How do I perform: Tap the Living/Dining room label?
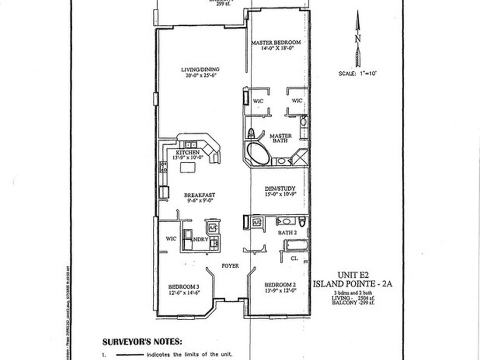[200, 70]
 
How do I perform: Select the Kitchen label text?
[188, 153]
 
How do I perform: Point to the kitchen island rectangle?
[187, 167]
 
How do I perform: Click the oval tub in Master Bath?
[258, 153]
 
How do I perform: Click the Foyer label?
[230, 266]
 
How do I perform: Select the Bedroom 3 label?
[184, 286]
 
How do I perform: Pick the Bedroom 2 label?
[280, 285]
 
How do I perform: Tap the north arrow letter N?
[358, 38]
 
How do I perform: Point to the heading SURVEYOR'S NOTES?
[142, 342]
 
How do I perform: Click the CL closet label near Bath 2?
[294, 258]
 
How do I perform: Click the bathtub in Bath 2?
[296, 245]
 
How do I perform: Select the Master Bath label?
[281, 139]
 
